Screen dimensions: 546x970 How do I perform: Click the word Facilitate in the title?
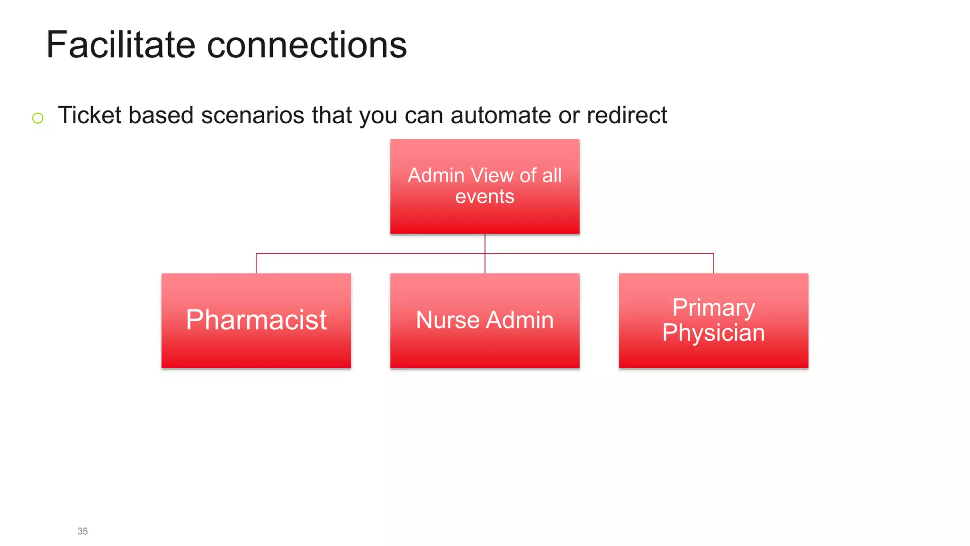(121, 45)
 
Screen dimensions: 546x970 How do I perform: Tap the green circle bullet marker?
(38, 118)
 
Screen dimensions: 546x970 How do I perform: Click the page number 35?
(82, 531)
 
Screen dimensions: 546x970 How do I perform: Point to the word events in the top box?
(485, 197)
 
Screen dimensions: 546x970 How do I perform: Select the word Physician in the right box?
(713, 333)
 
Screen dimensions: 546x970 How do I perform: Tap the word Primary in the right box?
(713, 308)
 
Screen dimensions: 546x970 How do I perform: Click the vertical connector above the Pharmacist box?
(256, 264)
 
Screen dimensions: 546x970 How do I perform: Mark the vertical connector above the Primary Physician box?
(714, 264)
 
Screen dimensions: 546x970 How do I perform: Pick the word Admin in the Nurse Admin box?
(520, 320)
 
